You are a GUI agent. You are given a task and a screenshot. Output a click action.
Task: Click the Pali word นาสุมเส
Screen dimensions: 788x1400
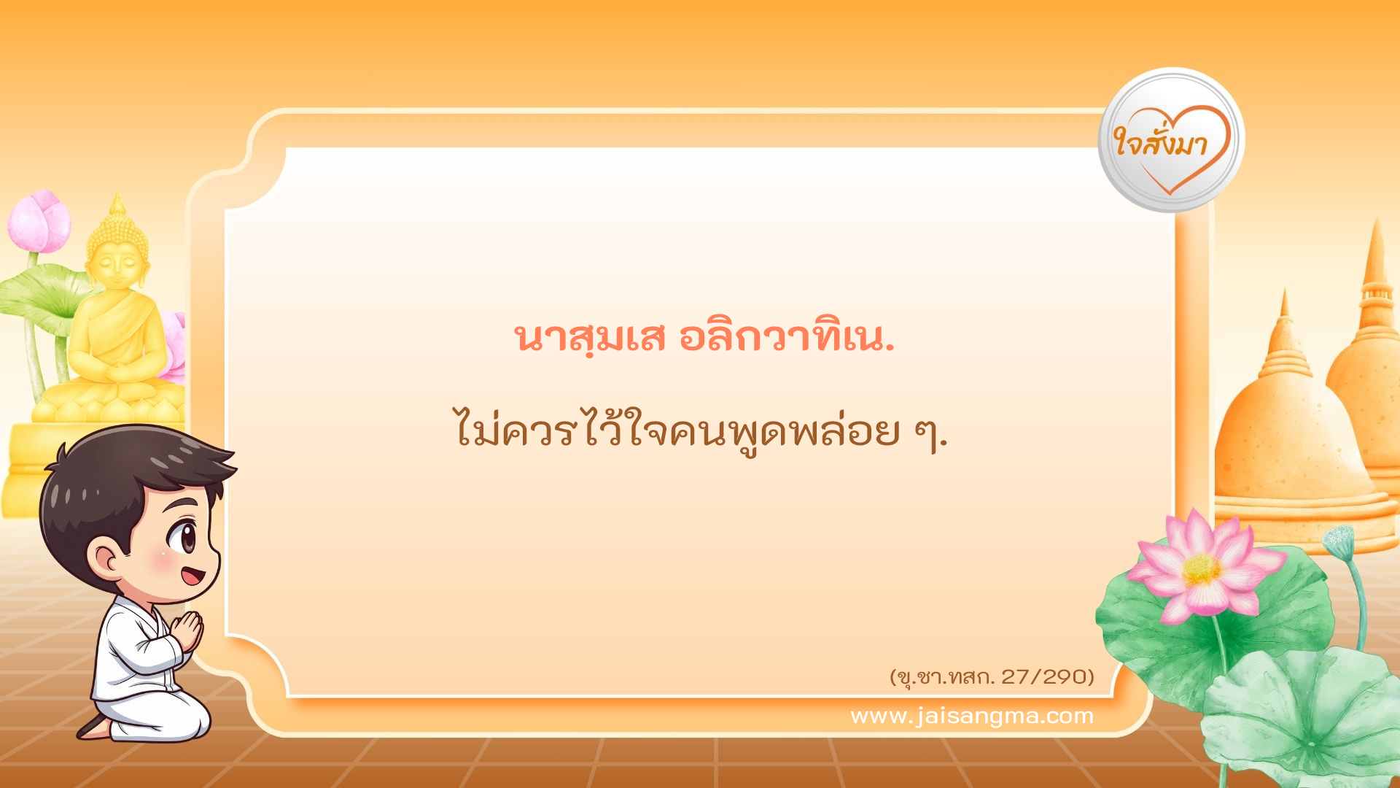coord(591,338)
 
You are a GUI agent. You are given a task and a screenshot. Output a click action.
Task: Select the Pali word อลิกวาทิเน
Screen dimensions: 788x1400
coord(786,338)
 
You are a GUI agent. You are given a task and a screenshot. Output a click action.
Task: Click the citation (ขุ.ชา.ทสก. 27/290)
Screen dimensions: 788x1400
coord(992,677)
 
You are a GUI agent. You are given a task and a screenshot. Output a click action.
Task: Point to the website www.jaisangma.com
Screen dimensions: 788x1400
coord(972,716)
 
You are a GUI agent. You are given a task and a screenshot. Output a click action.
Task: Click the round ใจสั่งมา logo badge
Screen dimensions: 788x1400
coord(1171,140)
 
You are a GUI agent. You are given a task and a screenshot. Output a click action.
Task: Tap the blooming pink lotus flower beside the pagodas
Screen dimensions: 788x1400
coord(1203,565)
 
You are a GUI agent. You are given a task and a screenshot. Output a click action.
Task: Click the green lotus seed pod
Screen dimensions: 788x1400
coord(1338,540)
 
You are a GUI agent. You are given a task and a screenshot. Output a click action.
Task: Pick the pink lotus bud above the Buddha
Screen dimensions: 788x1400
coord(40,220)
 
